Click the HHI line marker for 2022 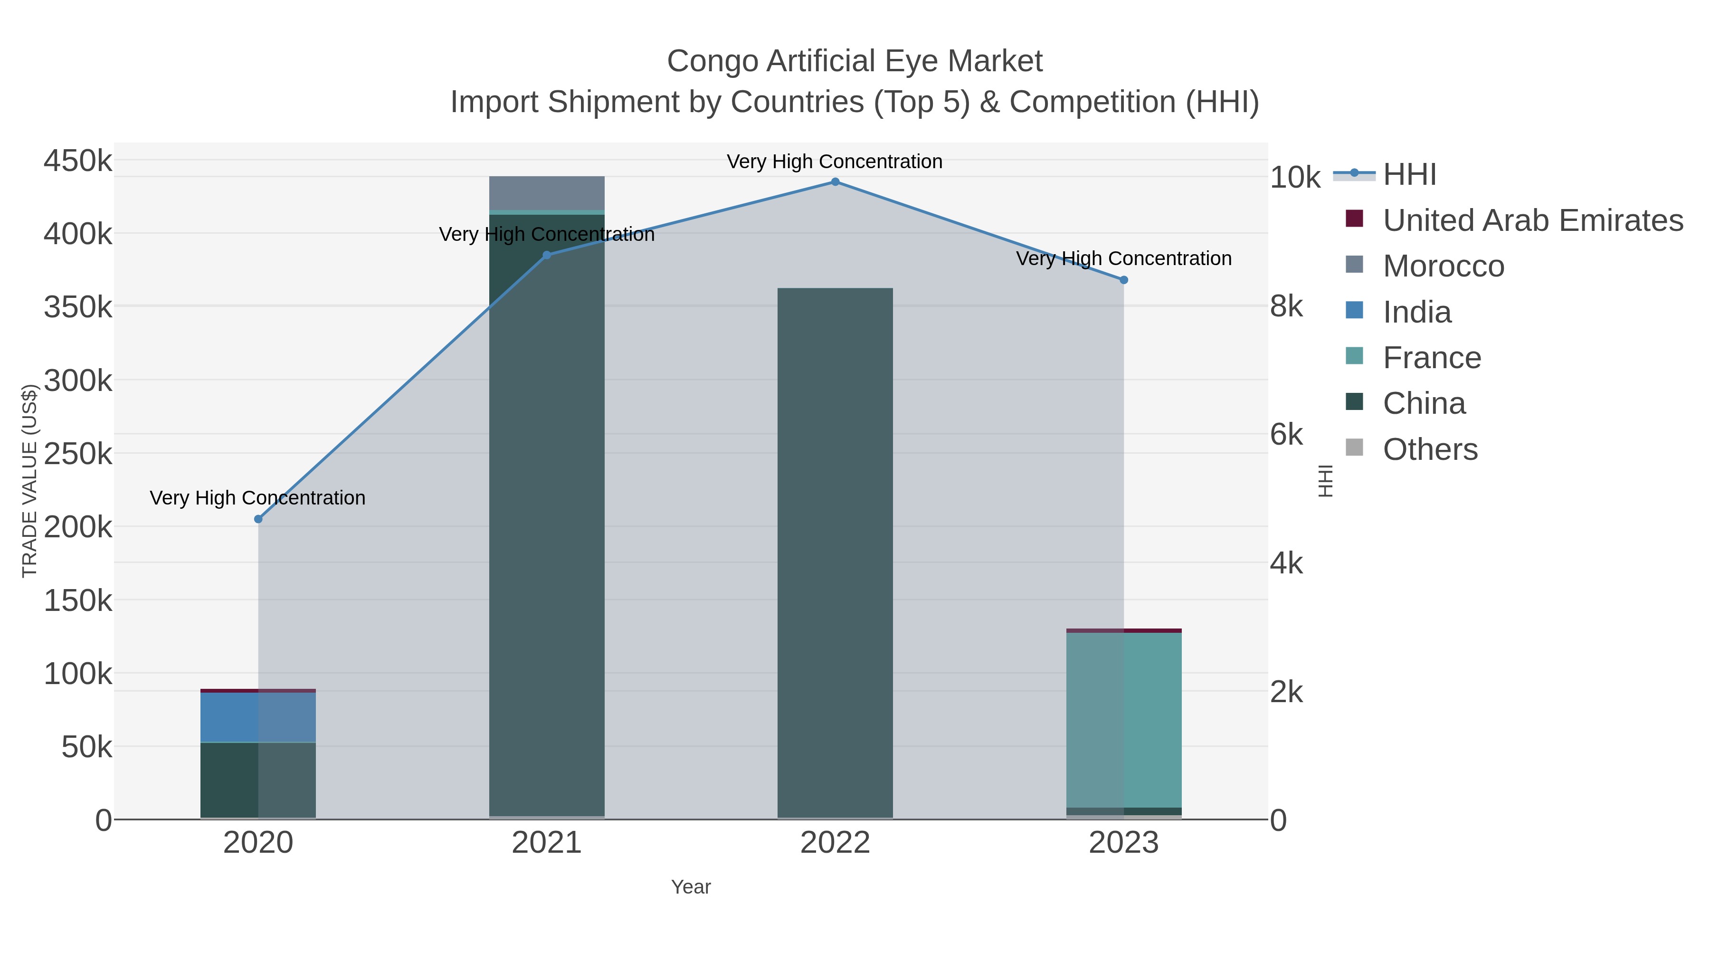pyautogui.click(x=835, y=182)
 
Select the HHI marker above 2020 pyautogui.click(x=258, y=519)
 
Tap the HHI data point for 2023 pyautogui.click(x=1124, y=280)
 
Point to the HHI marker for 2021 pyautogui.click(x=547, y=255)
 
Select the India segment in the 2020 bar pyautogui.click(x=258, y=717)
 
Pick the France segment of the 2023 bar pyautogui.click(x=1124, y=720)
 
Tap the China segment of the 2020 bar pyautogui.click(x=258, y=780)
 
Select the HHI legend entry pyautogui.click(x=1409, y=175)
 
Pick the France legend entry pyautogui.click(x=1431, y=358)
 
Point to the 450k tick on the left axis pyautogui.click(x=78, y=161)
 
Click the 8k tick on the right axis pyautogui.click(x=1286, y=307)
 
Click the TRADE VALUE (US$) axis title pyautogui.click(x=30, y=481)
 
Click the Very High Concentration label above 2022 pyautogui.click(x=835, y=162)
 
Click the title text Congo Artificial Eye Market pyautogui.click(x=855, y=61)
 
